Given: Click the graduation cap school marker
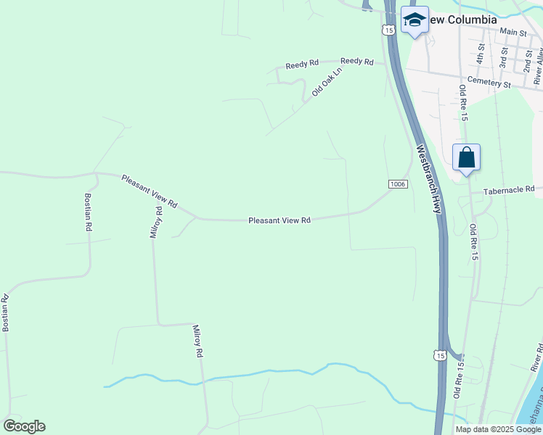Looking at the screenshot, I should (415, 20).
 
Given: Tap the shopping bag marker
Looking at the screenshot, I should (466, 157).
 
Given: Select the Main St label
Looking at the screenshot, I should (513, 32).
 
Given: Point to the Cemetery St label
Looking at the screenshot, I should (490, 83).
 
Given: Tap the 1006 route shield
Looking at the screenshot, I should (397, 184).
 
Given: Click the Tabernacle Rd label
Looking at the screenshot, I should (509, 190).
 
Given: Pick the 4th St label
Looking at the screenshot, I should (481, 52).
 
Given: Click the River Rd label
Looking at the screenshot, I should (536, 358).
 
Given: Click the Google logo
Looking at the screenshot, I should (24, 426).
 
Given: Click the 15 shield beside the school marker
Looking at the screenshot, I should (389, 30).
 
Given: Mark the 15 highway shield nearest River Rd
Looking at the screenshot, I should (438, 355).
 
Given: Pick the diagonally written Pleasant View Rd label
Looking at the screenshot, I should (149, 191).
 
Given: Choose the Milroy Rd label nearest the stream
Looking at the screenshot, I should (197, 341).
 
